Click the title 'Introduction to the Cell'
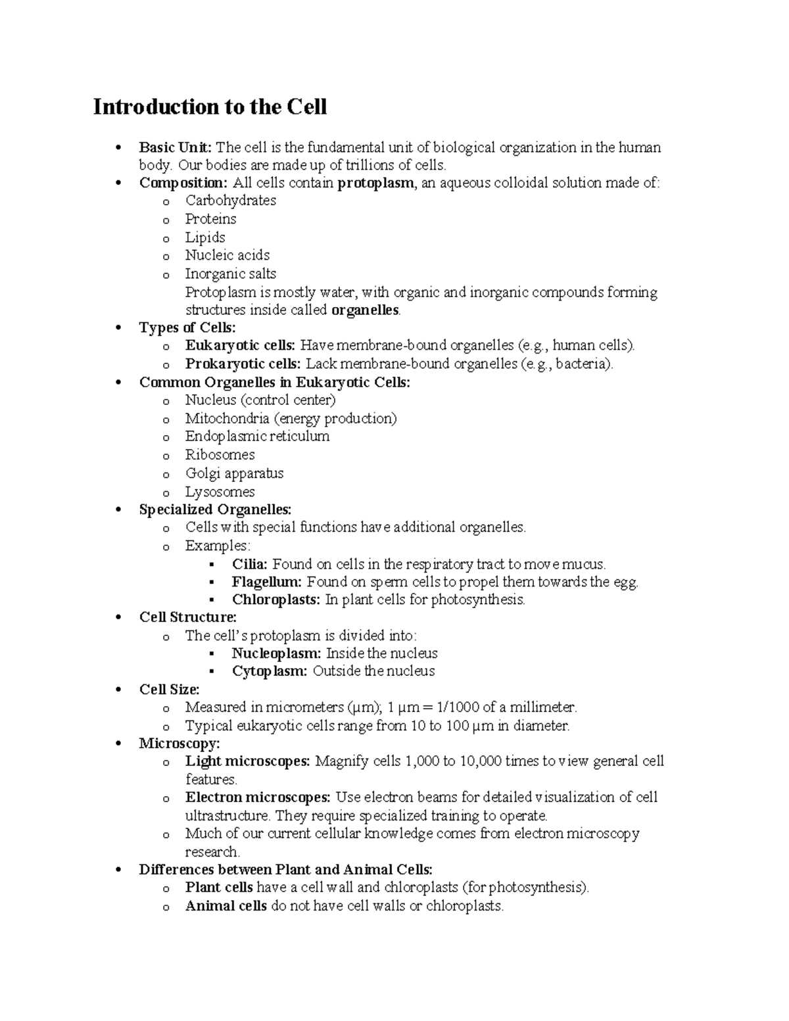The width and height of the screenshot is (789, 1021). tap(210, 107)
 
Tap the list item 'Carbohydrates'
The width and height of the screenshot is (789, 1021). tap(230, 201)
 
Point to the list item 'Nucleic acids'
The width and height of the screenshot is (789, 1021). tap(227, 255)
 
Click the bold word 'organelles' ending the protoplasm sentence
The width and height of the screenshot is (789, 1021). tap(365, 310)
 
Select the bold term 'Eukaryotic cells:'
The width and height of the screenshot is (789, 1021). tap(241, 346)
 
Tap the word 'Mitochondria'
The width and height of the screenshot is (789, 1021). tap(227, 418)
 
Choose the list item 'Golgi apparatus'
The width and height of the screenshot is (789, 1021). tap(234, 473)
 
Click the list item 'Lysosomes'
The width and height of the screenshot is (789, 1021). tap(220, 492)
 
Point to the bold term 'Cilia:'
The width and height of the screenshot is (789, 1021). tap(249, 564)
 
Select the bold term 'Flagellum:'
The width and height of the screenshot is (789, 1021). tap(266, 582)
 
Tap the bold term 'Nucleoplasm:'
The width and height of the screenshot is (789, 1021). tap(276, 653)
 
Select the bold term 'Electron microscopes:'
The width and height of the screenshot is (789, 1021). tap(258, 797)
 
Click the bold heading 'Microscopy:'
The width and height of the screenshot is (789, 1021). tap(179, 744)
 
